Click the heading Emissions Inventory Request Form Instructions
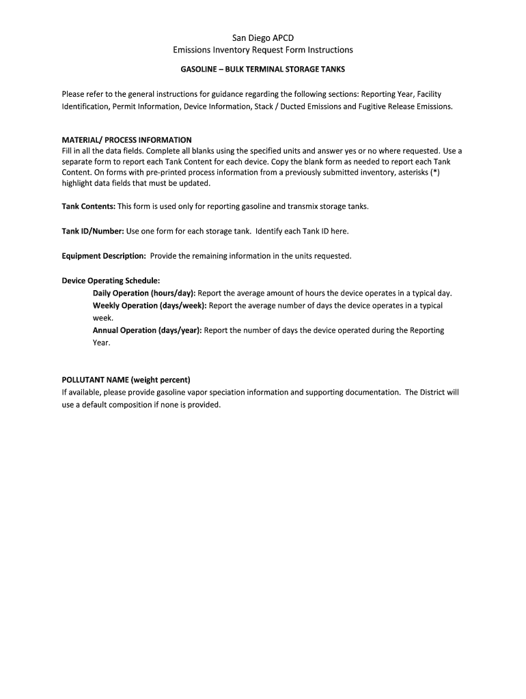coord(263,50)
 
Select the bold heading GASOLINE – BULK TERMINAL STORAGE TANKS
coord(263,70)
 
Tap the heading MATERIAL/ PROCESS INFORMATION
coord(126,140)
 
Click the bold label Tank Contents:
coord(89,206)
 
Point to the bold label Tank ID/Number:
coord(93,231)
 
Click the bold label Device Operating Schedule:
coord(111,281)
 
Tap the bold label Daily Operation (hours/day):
coord(144,293)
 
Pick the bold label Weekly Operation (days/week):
coord(150,305)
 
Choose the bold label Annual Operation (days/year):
coord(148,330)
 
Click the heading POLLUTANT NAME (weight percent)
coord(126,380)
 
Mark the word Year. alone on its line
coord(101,343)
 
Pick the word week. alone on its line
coord(103,318)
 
